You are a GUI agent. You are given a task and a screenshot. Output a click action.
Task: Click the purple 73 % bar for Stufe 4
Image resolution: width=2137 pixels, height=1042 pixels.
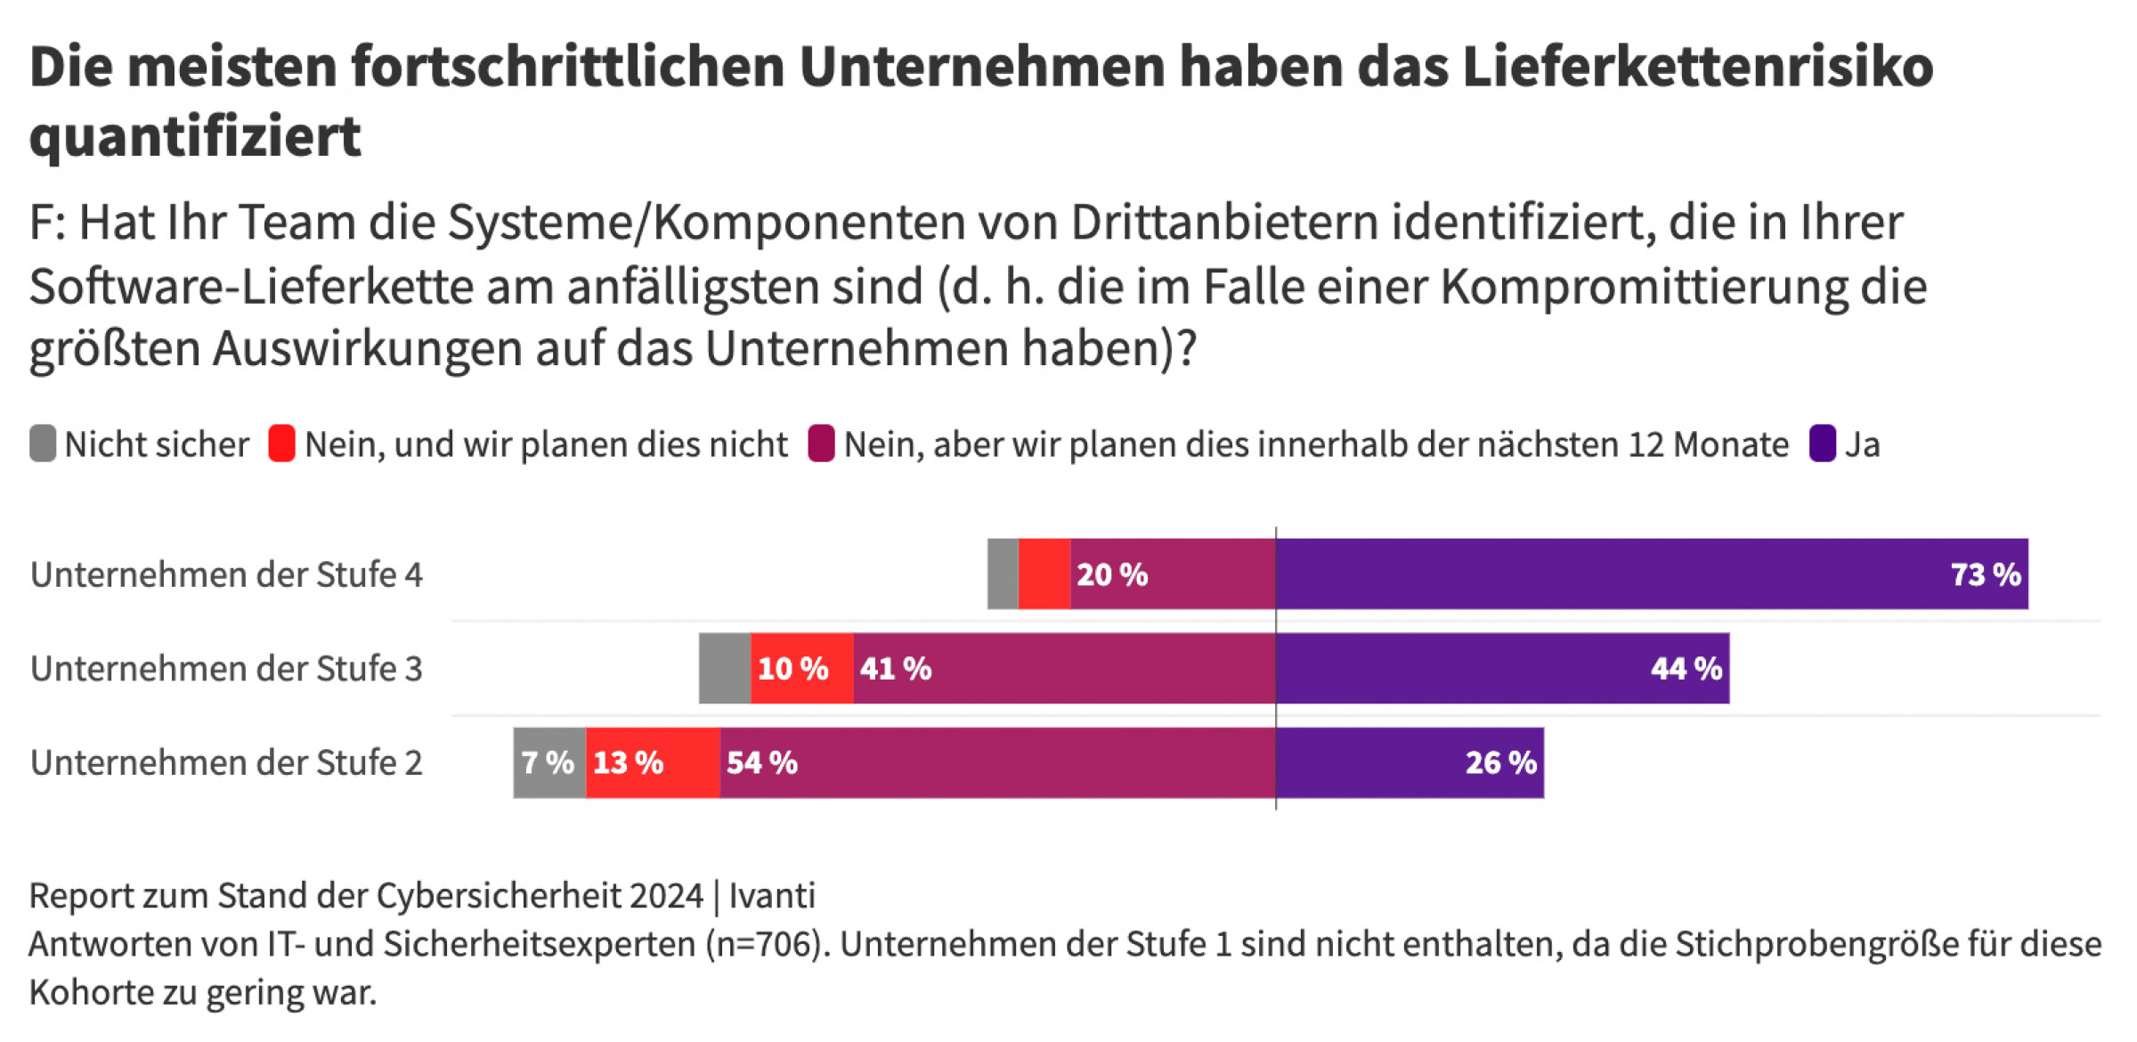1652,574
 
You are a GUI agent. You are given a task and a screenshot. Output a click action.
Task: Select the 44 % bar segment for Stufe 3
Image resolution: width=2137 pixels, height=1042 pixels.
1502,668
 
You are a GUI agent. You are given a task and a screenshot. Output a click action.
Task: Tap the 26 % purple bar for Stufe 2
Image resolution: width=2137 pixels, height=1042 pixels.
1410,762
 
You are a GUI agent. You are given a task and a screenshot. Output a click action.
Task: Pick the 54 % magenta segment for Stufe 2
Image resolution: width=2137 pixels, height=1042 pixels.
997,762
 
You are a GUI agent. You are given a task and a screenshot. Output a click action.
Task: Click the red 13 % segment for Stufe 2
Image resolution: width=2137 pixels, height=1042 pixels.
653,762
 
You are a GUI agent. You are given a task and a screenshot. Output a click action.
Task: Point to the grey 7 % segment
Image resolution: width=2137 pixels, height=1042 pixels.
549,762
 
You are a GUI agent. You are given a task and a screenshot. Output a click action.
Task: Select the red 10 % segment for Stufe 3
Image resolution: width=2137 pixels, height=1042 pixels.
801,668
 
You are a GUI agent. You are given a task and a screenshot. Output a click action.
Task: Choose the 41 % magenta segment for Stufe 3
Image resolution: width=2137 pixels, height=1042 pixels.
1064,668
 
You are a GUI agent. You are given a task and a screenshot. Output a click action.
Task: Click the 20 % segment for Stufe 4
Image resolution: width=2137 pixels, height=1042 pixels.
1173,574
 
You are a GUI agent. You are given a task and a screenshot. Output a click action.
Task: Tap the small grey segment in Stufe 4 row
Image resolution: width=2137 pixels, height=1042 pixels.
1003,574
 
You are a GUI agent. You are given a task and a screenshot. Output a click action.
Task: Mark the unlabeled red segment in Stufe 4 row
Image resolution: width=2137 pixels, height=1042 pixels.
1044,574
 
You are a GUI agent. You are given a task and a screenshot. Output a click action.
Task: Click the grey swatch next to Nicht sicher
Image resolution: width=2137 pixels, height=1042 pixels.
43,444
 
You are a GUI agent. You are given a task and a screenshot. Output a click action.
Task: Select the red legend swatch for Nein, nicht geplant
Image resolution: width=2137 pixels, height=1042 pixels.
281,444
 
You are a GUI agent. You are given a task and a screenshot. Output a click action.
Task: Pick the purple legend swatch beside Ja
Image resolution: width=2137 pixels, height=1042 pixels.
1822,444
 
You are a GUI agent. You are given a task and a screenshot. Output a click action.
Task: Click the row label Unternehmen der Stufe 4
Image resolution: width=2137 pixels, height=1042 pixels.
226,574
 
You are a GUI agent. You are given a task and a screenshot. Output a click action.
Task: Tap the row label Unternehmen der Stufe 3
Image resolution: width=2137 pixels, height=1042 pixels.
226,669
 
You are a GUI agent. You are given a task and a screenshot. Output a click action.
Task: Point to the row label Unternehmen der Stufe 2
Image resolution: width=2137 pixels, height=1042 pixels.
226,763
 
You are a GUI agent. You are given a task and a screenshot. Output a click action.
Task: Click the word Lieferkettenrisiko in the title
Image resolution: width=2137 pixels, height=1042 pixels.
1697,67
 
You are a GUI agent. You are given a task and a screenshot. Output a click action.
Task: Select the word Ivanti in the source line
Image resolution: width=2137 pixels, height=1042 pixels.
772,895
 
